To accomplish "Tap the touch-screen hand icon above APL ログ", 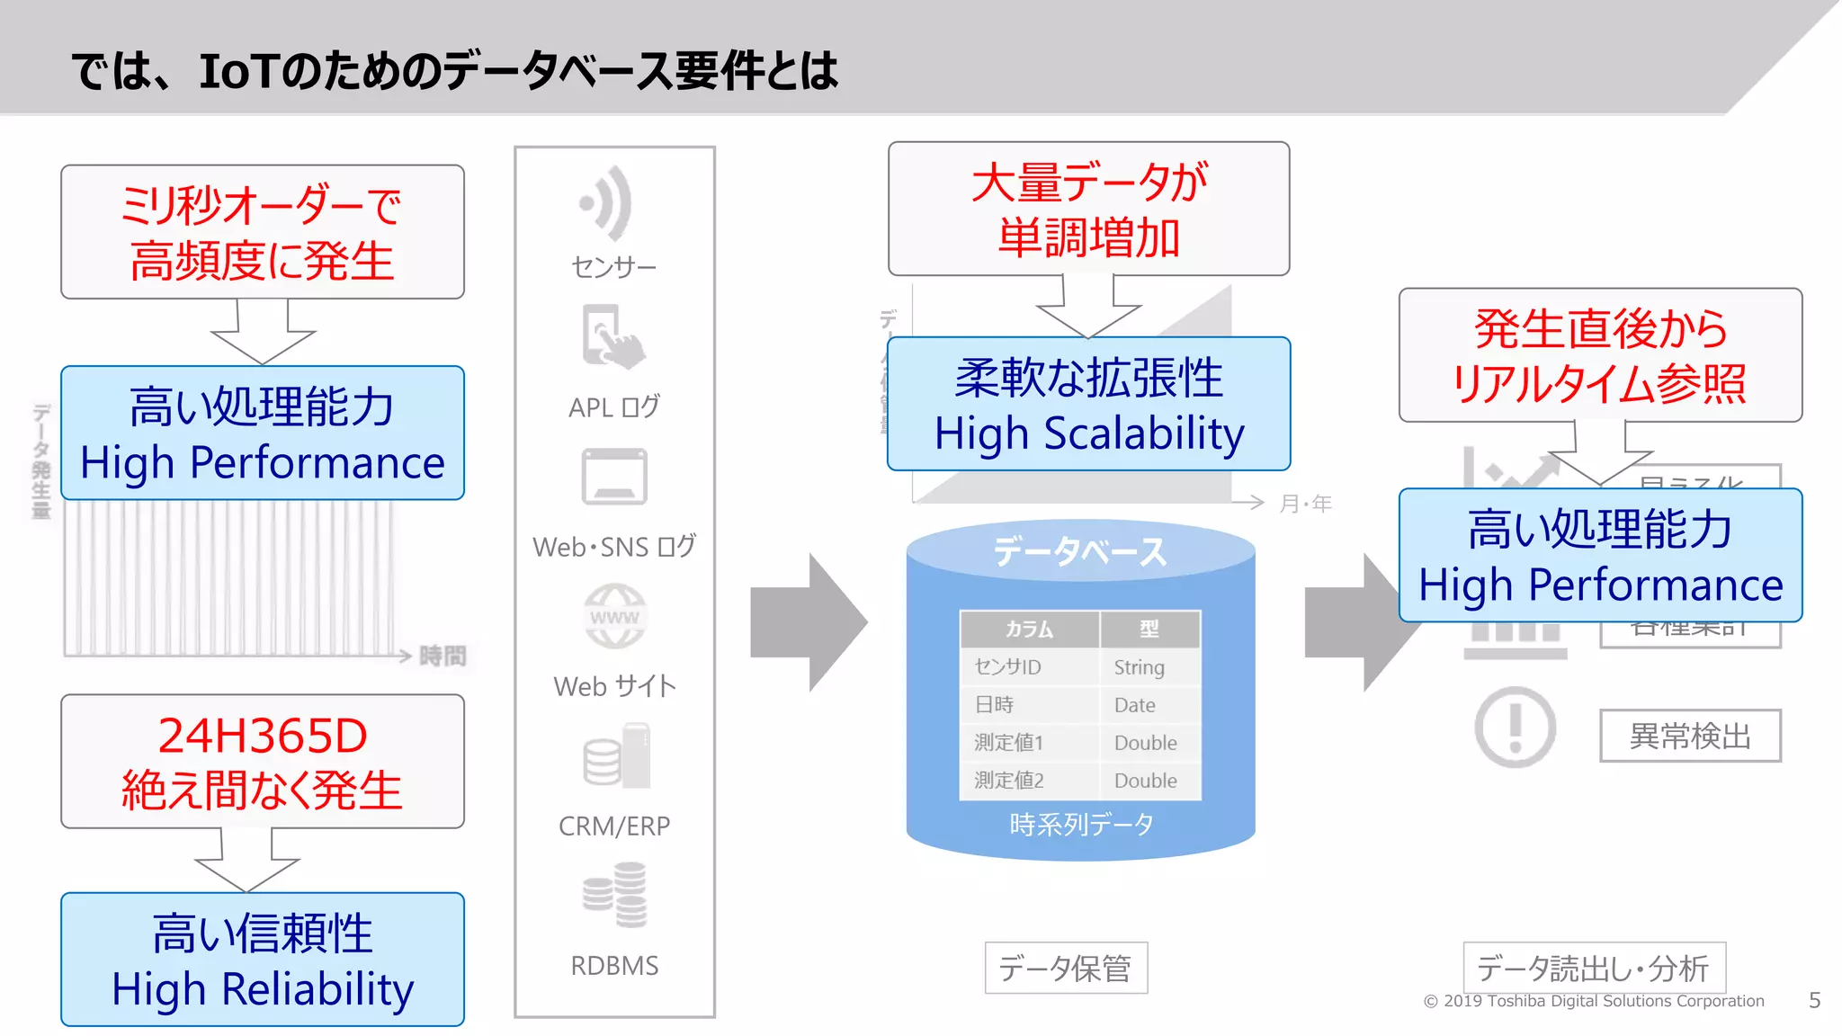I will (x=613, y=337).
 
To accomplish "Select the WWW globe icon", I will (x=614, y=617).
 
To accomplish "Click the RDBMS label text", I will (x=614, y=965).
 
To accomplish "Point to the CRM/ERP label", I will (x=614, y=826).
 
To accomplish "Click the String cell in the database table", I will (x=1139, y=667).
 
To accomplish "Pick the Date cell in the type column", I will (x=1134, y=705).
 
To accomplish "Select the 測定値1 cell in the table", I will (x=1008, y=743).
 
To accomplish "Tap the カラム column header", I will (x=1029, y=630).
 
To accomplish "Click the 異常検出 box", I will (x=1690, y=736).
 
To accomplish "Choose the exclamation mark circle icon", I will (x=1516, y=727).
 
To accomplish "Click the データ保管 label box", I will (x=1066, y=969).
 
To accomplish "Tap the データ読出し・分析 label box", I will (x=1594, y=969).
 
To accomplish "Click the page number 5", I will (x=1814, y=1000).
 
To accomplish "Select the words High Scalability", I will (x=1089, y=433).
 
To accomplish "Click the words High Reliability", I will (x=263, y=989).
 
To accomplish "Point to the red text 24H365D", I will (x=263, y=736).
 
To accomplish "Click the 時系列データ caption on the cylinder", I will (x=1081, y=824).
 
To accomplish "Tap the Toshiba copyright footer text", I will (x=1594, y=1001).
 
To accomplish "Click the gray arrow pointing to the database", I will (x=807, y=622).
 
